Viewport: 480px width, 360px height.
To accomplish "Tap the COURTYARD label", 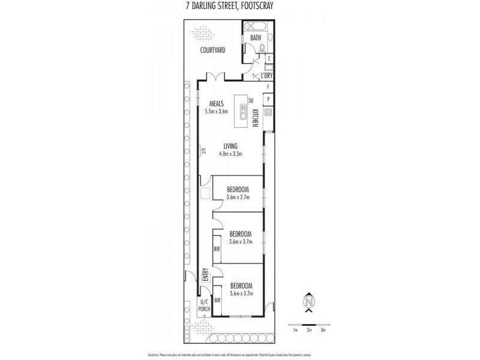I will coord(212,50).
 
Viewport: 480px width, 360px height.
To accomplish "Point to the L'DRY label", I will coord(266,76).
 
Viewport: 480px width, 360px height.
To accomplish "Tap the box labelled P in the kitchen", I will coord(268,99).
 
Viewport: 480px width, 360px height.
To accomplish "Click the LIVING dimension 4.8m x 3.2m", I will coord(231,153).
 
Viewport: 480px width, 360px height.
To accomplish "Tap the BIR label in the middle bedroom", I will coord(217,248).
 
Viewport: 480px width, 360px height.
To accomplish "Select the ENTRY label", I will coord(205,274).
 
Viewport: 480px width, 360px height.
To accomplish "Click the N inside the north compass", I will coord(309,302).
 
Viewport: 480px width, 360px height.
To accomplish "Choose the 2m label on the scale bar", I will coord(308,330).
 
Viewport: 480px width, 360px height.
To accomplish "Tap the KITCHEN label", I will coord(255,118).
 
